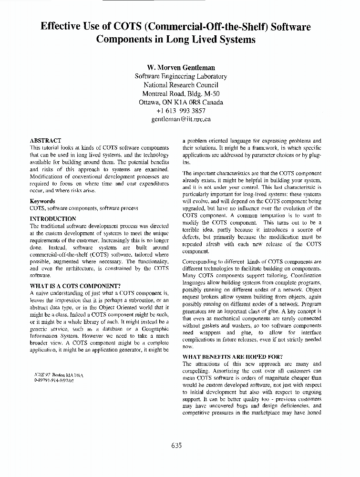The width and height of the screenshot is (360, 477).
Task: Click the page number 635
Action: pos(176,446)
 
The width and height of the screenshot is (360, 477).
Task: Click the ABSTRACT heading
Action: pos(45,141)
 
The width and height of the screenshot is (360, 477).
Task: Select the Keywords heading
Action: pos(42,201)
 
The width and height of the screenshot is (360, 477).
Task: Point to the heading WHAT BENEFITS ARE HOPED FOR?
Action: pos(232,357)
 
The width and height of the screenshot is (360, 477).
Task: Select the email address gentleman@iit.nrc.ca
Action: pos(181,119)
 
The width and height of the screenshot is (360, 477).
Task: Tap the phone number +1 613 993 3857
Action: pos(181,111)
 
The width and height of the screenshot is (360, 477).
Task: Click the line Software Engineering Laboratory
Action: pos(181,76)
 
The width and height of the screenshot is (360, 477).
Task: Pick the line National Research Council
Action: pos(181,85)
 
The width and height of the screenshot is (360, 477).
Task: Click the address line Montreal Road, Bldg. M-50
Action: pos(181,93)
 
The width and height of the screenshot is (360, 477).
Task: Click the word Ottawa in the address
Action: pos(150,102)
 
